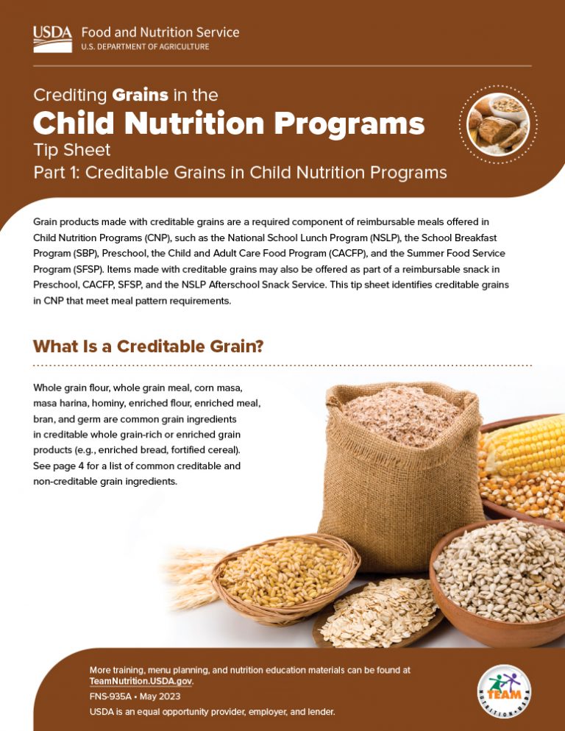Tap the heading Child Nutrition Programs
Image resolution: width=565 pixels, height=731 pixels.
pos(229,124)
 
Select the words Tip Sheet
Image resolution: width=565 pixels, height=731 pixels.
pos(71,151)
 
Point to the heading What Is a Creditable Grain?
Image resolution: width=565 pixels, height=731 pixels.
pos(149,346)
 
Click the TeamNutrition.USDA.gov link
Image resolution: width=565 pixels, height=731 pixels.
pos(141,682)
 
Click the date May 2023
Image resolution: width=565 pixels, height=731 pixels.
pos(160,696)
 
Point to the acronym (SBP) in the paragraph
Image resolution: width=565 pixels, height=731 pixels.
pos(96,254)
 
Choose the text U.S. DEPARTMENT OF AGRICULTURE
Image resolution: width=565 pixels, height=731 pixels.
pos(145,46)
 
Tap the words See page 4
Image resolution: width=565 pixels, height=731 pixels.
pos(62,466)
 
